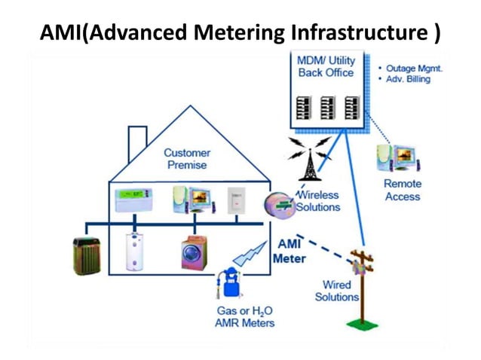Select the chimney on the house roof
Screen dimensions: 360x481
pyautogui.click(x=137, y=139)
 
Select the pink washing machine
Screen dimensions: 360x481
pyautogui.click(x=195, y=253)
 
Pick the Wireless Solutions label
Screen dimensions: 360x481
pyautogui.click(x=317, y=200)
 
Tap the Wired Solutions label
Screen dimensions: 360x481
pyautogui.click(x=336, y=291)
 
